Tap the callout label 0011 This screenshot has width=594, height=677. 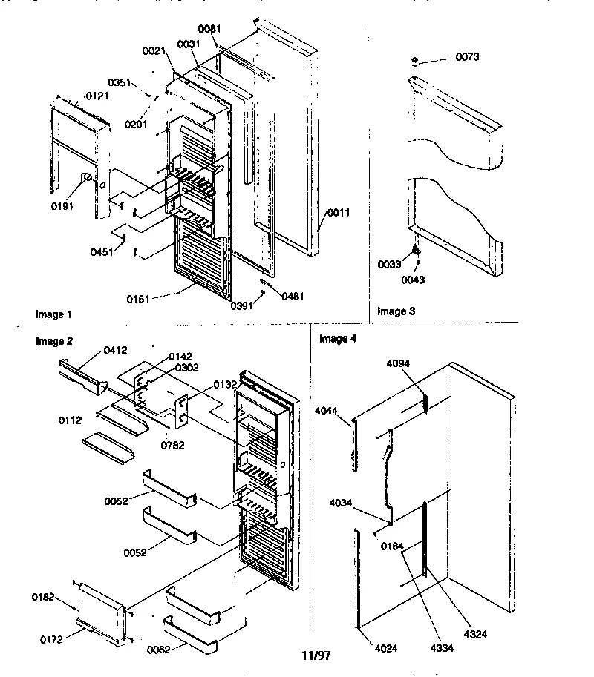click(337, 212)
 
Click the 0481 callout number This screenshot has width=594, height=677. click(292, 296)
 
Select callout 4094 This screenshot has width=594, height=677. click(398, 363)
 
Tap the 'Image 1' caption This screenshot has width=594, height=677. click(54, 314)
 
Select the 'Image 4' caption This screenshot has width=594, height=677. click(338, 339)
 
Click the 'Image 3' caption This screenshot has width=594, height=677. click(396, 311)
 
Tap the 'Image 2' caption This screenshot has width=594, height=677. click(54, 341)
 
